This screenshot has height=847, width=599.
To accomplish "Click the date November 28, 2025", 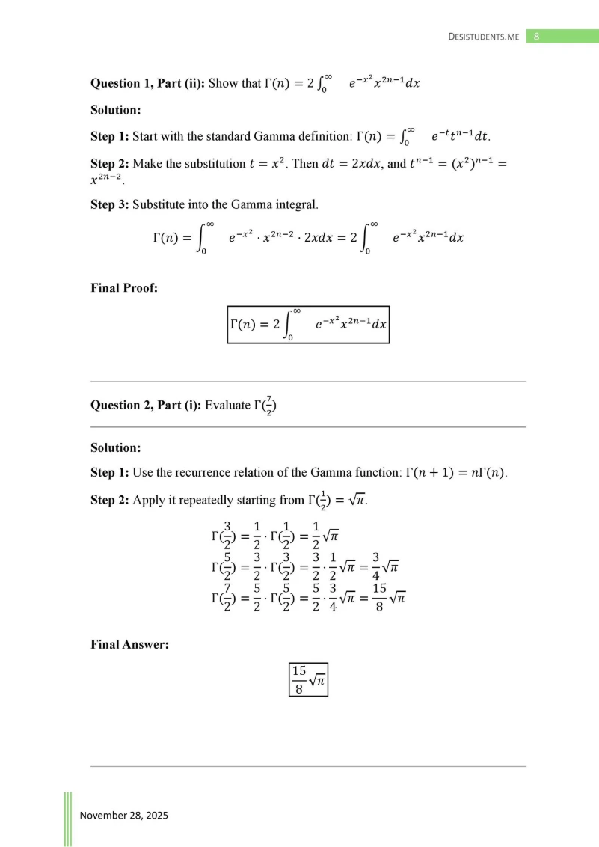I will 124,815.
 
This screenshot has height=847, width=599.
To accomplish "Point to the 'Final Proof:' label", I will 124,287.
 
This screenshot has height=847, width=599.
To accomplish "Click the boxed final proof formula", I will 308,324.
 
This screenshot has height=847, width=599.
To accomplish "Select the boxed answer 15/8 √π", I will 308,677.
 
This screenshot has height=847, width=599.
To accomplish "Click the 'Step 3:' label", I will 109,204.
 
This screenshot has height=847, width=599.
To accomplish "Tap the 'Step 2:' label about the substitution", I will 109,163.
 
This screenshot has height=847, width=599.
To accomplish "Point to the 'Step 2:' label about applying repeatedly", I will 109,500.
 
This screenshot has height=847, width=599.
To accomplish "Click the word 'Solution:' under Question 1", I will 116,110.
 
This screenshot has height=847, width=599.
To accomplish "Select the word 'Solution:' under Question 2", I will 116,447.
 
